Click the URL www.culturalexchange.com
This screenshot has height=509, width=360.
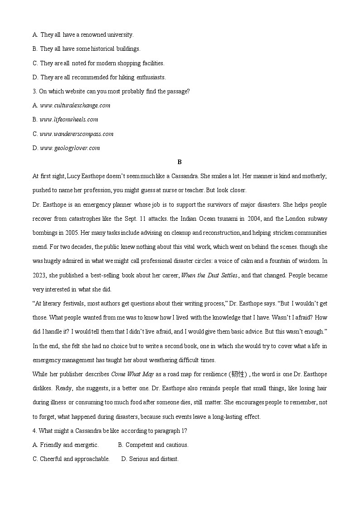tap(75, 106)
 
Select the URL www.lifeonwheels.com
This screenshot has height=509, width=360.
tap(69, 120)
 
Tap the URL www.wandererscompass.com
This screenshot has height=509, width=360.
tap(77, 134)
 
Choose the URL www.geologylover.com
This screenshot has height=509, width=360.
tap(70, 148)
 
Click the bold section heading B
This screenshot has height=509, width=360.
tap(180, 162)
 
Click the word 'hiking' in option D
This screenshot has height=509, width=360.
tap(128, 78)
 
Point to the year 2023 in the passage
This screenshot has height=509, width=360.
tap(39, 276)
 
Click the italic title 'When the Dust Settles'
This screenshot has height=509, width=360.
tap(209, 276)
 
